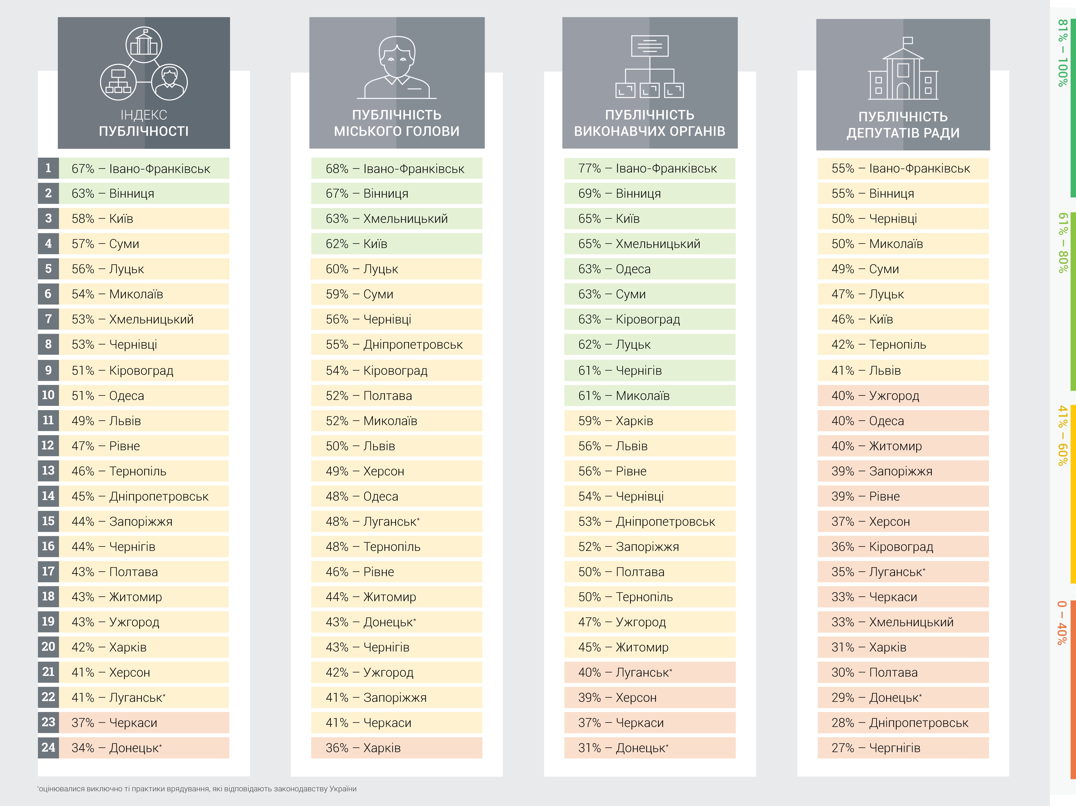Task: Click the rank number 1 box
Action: tap(48, 168)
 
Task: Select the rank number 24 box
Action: tap(48, 748)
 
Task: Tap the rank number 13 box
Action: tap(48, 471)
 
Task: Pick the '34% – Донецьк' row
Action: tap(143, 748)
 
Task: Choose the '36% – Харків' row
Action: tap(396, 748)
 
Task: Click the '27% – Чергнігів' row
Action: tap(903, 748)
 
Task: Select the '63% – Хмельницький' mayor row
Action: tap(396, 219)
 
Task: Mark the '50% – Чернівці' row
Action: tap(903, 219)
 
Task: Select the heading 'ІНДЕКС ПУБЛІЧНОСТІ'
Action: tap(143, 123)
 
